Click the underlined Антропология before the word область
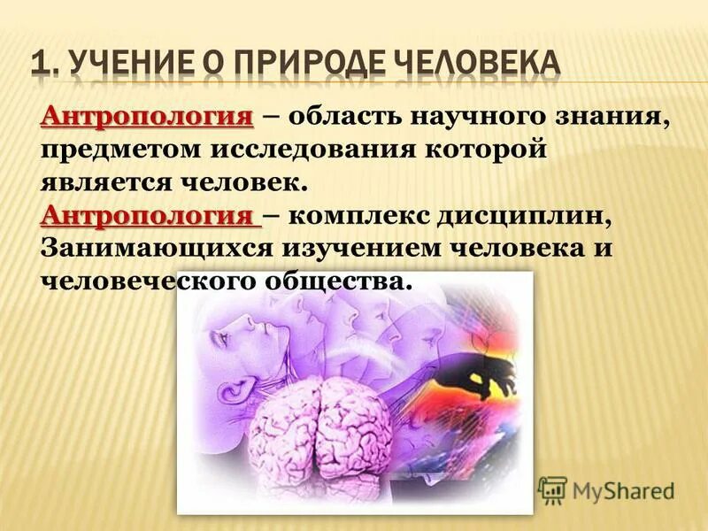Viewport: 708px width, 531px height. (x=147, y=117)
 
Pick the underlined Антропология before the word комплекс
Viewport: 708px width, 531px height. (x=150, y=216)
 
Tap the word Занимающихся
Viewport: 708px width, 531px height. (x=154, y=249)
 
